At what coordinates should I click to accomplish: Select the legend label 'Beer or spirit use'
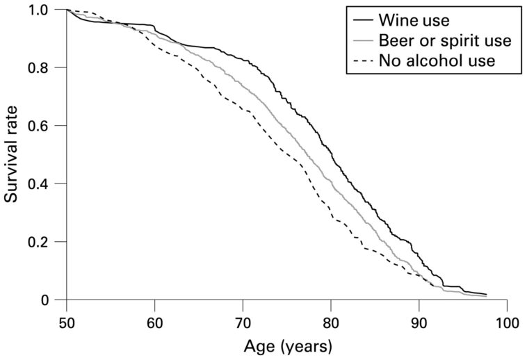coord(445,40)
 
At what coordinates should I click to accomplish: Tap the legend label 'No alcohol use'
coord(437,61)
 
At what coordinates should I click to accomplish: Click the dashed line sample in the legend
coord(363,61)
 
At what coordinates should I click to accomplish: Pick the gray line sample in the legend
coord(363,40)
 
